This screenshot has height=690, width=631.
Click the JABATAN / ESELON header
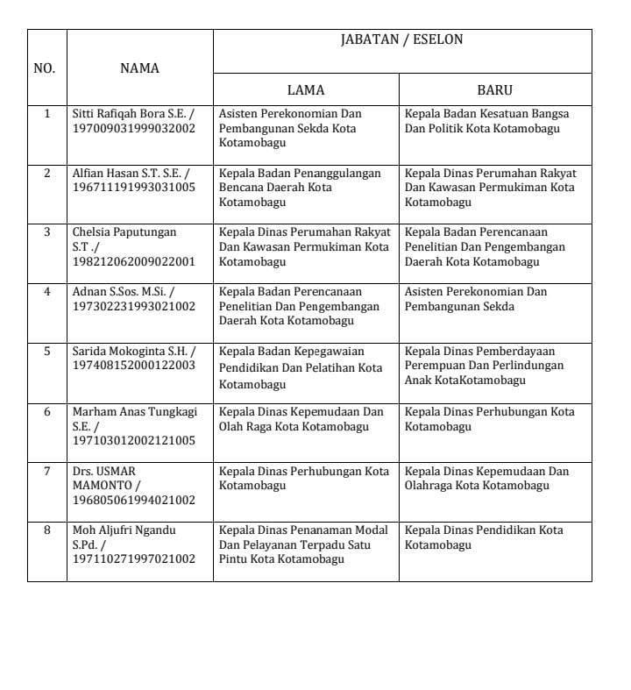pos(401,40)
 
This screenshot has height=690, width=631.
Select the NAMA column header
pos(139,68)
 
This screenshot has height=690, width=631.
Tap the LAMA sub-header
pos(306,89)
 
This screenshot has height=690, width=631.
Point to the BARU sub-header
pos(494,89)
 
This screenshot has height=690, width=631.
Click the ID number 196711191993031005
pos(133,188)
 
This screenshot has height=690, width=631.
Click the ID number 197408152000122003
pos(133,366)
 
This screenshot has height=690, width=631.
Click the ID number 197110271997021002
pos(133,559)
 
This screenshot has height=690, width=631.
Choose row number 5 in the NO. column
pos(47,351)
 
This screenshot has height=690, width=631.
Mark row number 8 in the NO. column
pos(47,530)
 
